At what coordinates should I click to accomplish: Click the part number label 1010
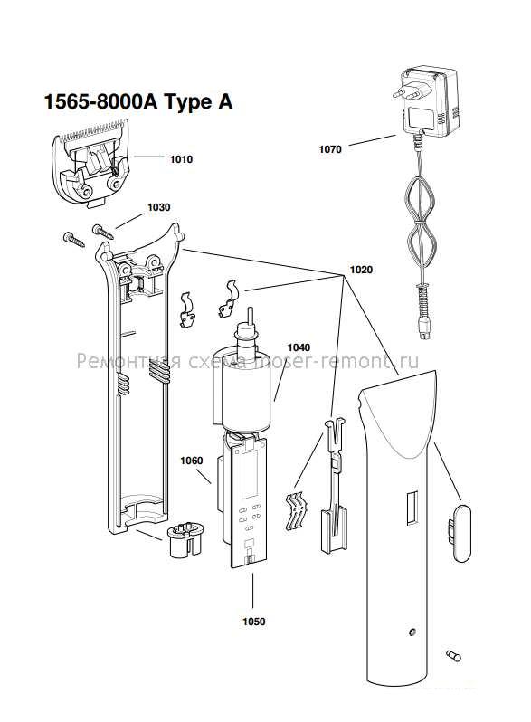181,159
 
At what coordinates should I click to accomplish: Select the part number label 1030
159,207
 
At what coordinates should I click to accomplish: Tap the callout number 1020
361,270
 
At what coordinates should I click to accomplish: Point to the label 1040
299,347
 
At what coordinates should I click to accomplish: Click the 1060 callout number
192,461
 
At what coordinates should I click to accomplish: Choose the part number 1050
254,622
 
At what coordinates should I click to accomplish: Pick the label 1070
330,149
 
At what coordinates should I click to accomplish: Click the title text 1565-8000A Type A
138,101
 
